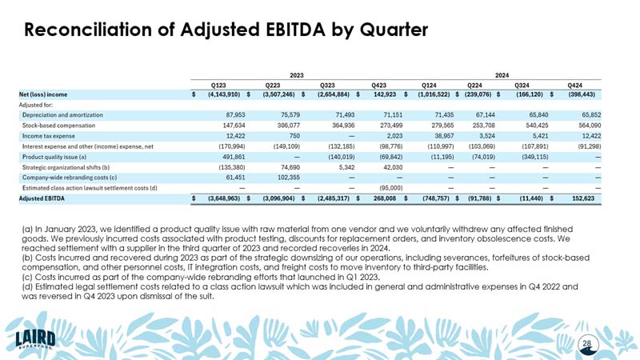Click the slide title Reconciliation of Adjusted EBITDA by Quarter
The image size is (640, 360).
pyautogui.click(x=226, y=30)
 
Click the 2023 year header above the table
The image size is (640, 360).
pyautogui.click(x=296, y=74)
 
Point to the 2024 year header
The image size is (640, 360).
pyautogui.click(x=502, y=74)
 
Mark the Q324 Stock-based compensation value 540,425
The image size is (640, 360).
pyautogui.click(x=534, y=126)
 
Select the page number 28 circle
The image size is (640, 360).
pyautogui.click(x=587, y=344)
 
